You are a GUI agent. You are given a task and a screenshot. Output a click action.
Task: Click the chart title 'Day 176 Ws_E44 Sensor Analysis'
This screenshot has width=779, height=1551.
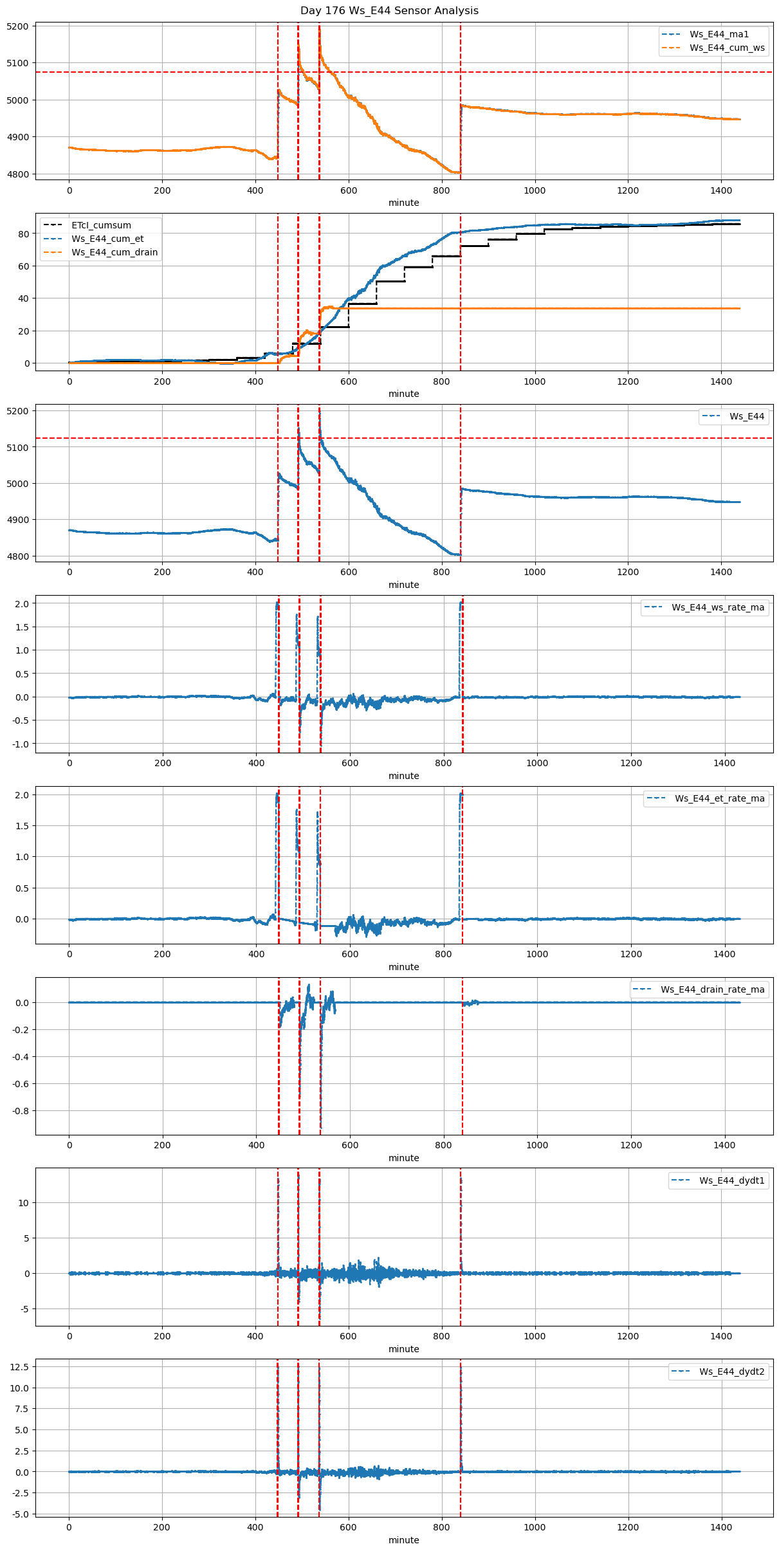[x=389, y=10]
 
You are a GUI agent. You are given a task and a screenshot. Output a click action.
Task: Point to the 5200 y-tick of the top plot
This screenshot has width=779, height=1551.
[x=17, y=26]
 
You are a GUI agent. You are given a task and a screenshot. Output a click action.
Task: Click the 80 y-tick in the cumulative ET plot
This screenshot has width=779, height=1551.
[x=24, y=234]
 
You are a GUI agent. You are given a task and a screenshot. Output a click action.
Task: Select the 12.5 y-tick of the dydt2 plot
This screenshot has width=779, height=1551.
[x=19, y=1366]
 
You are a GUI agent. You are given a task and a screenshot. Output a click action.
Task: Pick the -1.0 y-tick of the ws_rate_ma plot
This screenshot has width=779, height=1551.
[x=20, y=744]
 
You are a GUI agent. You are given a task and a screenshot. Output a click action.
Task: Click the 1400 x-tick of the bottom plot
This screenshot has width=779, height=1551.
[x=721, y=1527]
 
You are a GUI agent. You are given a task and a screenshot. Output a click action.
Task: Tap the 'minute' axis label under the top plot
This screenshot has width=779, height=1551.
[x=403, y=203]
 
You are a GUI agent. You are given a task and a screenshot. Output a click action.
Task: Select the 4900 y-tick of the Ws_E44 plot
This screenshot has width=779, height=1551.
[x=17, y=520]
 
